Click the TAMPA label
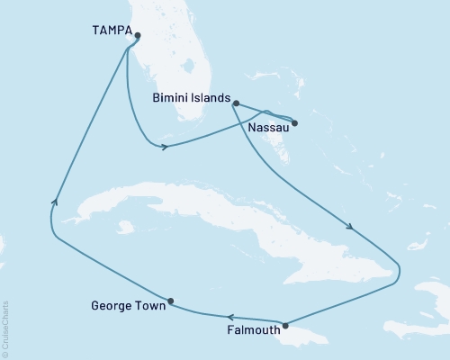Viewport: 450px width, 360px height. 110,31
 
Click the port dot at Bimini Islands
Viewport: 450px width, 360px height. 236,103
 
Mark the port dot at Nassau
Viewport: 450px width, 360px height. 294,122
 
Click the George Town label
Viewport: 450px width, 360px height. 128,306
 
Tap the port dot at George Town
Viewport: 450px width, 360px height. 170,301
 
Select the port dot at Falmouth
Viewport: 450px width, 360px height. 285,326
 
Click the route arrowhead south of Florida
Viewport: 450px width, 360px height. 164,147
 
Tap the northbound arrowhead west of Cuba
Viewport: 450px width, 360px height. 56,202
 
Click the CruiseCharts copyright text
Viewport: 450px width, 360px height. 5,329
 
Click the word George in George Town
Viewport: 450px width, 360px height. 112,306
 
